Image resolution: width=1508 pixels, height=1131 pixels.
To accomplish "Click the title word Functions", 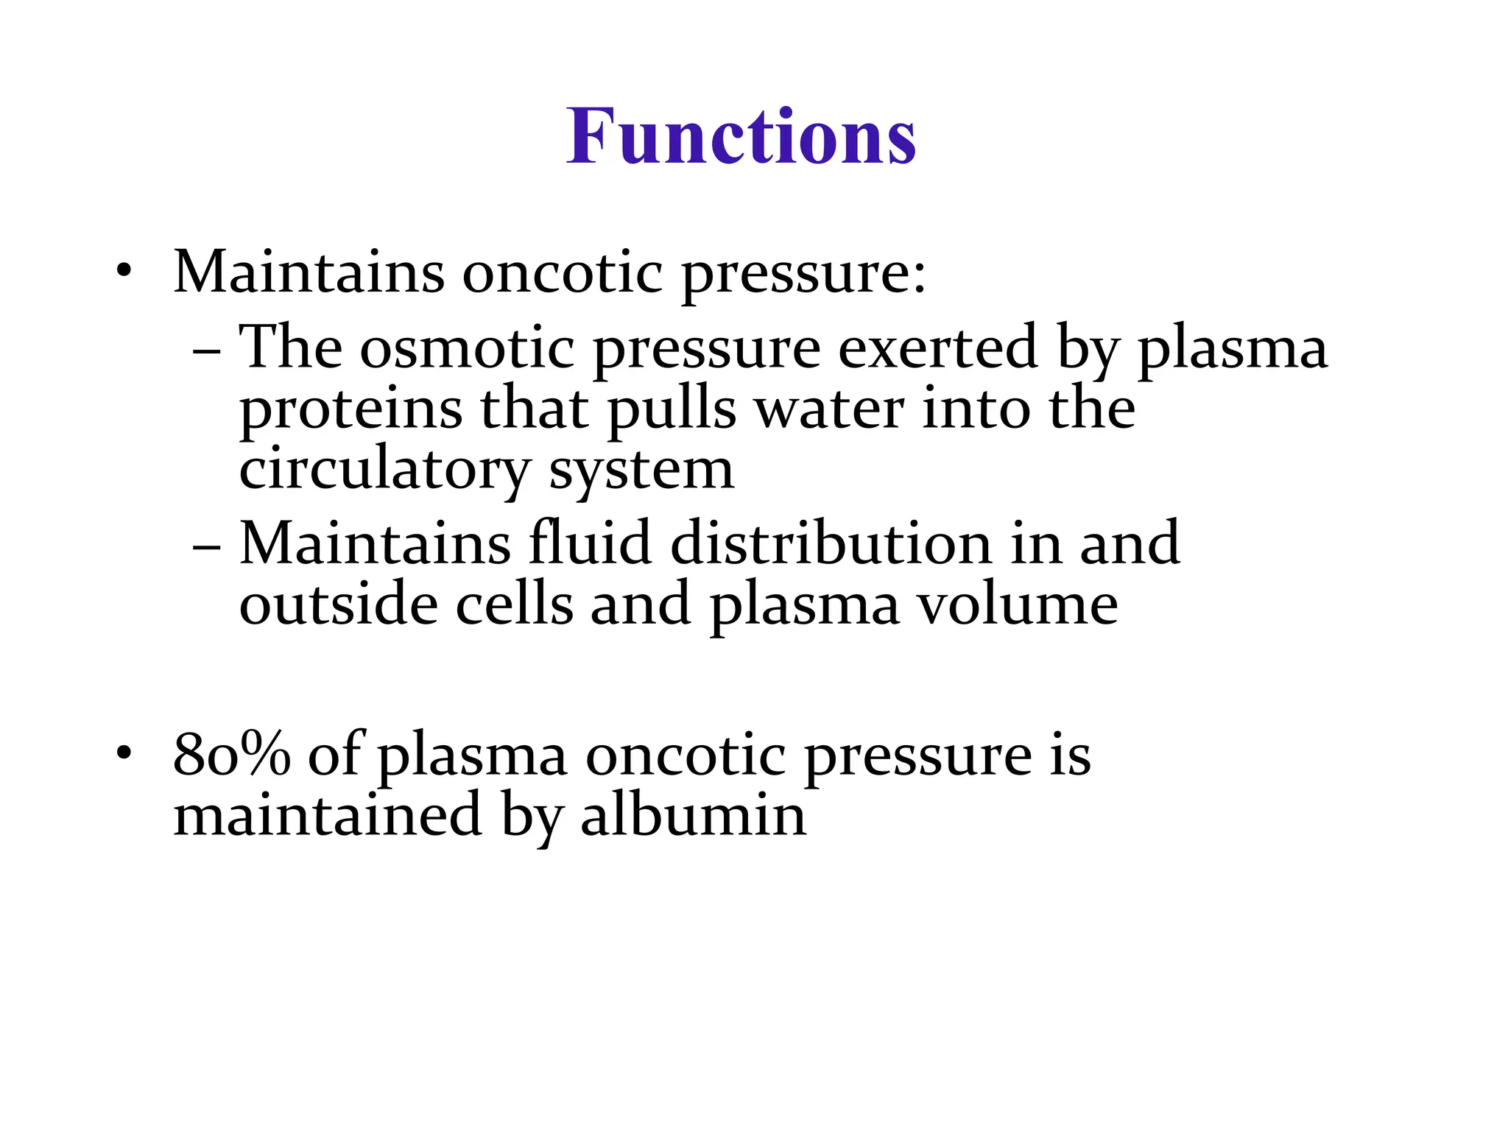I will click(x=741, y=137).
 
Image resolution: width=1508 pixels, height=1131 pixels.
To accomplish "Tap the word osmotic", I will click(x=466, y=348).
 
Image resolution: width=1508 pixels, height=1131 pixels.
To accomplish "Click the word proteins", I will click(x=350, y=411).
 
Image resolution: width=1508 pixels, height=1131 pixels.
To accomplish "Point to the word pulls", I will click(x=672, y=411).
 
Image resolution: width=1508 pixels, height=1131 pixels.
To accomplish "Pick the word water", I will click(x=830, y=409).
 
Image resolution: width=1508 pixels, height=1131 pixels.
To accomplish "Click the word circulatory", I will click(x=384, y=471).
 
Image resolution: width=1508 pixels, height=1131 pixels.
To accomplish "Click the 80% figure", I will click(x=231, y=755).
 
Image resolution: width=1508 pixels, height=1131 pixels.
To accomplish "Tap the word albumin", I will click(x=693, y=816).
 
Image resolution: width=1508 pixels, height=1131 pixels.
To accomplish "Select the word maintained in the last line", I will click(x=327, y=816).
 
